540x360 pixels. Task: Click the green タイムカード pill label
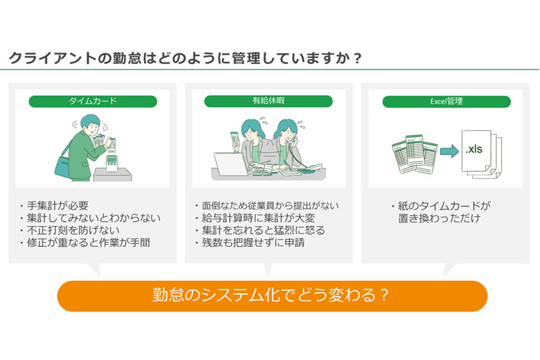[x=93, y=102]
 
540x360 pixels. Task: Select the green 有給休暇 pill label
[x=269, y=101]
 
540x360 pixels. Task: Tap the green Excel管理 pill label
[x=446, y=102]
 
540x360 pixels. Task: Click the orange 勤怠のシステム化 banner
[x=272, y=296]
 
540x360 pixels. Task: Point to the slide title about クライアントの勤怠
[x=185, y=58]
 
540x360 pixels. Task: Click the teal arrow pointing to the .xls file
[x=449, y=151]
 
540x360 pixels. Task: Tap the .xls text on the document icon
[x=474, y=149]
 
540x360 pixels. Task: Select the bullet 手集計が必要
[x=55, y=206]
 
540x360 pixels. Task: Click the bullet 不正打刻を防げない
[x=70, y=230]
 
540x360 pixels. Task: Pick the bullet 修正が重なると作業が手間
[x=85, y=243]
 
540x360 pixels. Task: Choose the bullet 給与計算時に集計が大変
[x=255, y=217]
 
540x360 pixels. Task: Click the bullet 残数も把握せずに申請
[x=250, y=243]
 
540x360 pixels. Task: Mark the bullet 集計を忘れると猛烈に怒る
[x=260, y=230]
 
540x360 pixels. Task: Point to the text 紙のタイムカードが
[x=441, y=206]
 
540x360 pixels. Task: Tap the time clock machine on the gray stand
[x=112, y=163]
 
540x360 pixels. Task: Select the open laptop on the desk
[x=230, y=164]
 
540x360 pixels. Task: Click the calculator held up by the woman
[x=235, y=140]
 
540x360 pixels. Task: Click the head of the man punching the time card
[x=90, y=125]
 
